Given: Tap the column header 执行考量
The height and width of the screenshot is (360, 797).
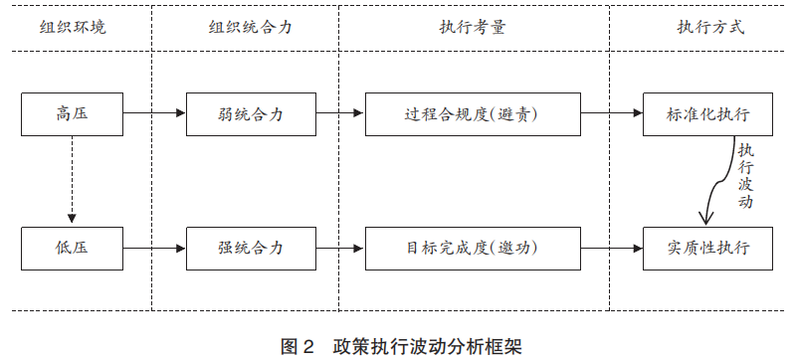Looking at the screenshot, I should coord(473,27).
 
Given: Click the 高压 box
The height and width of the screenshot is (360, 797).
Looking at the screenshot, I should coord(73,114).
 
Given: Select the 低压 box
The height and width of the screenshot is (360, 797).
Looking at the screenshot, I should coord(73,248).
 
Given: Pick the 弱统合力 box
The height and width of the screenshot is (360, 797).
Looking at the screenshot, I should coord(250,114).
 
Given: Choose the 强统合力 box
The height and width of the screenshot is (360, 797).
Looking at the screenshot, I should coord(250,248).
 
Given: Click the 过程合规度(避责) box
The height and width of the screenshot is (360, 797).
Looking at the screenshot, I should coord(473,114).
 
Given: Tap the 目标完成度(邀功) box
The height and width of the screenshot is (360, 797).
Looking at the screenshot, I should coord(473,248).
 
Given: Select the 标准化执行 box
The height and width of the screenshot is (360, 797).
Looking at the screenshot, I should coord(708,114).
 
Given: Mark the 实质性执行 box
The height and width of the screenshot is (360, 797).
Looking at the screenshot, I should coord(708,248).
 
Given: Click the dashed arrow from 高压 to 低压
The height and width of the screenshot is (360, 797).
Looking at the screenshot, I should coord(73,179).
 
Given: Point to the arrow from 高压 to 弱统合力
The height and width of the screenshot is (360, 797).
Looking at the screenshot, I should coord(154,114).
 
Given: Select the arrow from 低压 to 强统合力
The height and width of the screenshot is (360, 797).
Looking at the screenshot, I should coord(154,248).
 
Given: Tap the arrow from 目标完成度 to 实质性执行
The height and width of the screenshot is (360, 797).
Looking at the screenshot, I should coord(611,248).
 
